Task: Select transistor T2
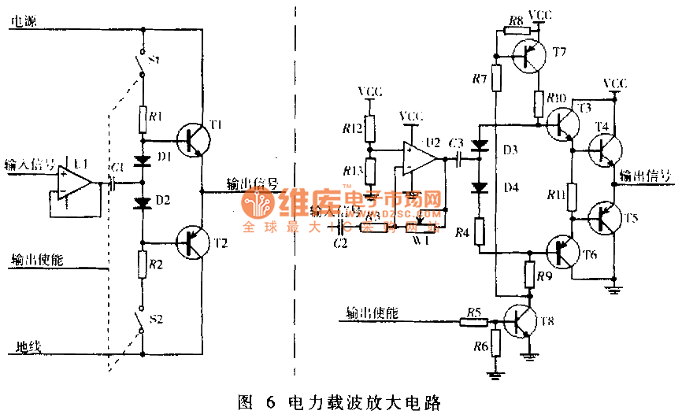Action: click(192, 241)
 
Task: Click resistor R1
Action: click(143, 119)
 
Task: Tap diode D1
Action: click(143, 162)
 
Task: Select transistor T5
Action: click(605, 219)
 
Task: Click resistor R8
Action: click(516, 30)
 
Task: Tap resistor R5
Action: click(473, 321)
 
